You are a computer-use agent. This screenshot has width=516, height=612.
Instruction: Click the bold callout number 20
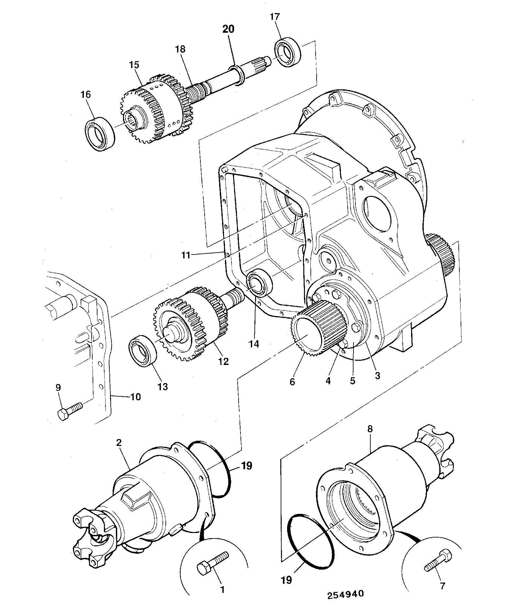pyautogui.click(x=228, y=29)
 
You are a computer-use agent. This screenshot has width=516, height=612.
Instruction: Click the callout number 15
pyautogui.click(x=134, y=65)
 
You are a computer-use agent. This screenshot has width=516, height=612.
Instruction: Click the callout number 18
pyautogui.click(x=180, y=49)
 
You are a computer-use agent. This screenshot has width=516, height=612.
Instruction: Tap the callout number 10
pyautogui.click(x=135, y=396)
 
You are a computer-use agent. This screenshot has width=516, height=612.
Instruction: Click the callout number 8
pyautogui.click(x=370, y=429)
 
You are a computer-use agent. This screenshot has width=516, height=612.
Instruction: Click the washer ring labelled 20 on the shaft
pyautogui.click(x=237, y=76)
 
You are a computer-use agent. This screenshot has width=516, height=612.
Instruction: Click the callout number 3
pyautogui.click(x=377, y=376)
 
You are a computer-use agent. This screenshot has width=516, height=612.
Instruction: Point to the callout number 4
pyautogui.click(x=328, y=381)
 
